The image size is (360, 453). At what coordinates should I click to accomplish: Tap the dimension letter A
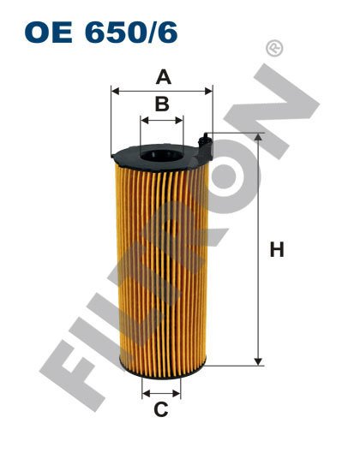point(161,77)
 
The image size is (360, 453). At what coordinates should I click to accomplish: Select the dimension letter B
point(161,105)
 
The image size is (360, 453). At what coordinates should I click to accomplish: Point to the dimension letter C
point(160,409)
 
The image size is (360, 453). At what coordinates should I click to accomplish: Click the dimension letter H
point(276,250)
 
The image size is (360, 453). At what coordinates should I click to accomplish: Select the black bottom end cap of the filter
point(160,369)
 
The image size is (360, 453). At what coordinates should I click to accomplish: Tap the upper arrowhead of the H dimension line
point(257,138)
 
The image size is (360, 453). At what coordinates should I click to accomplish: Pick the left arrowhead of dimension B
point(142,120)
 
